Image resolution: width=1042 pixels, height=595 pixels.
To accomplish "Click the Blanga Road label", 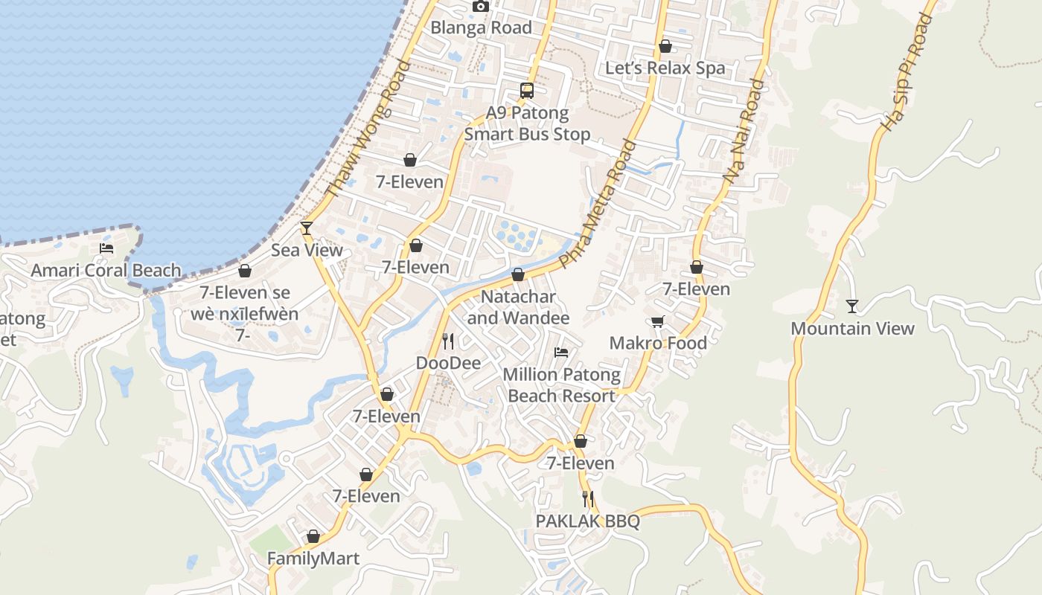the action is pyautogui.click(x=482, y=28).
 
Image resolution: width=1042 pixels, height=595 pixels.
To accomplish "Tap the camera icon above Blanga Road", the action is pyautogui.click(x=481, y=6).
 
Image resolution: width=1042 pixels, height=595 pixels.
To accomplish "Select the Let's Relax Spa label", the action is pyautogui.click(x=665, y=68).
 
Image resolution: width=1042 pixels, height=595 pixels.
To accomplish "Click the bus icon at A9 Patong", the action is pyautogui.click(x=527, y=91).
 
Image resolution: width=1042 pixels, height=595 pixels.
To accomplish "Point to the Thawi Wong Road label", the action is pyautogui.click(x=368, y=129).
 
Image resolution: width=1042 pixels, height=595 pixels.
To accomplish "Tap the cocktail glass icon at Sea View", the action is pyautogui.click(x=306, y=228).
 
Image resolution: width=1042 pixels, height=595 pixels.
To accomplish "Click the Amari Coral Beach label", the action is pyautogui.click(x=106, y=270).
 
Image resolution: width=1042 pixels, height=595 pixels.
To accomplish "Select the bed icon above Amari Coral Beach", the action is pyautogui.click(x=106, y=248).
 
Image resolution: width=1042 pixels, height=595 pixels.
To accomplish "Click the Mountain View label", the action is pyautogui.click(x=852, y=328).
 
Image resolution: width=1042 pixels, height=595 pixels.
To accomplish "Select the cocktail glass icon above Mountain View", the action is pyautogui.click(x=852, y=306).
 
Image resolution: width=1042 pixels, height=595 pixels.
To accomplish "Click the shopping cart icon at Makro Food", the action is pyautogui.click(x=657, y=321).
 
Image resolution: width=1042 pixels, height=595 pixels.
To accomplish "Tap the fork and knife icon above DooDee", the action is pyautogui.click(x=447, y=341).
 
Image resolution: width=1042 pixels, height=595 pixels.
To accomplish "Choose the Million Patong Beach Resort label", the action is pyautogui.click(x=561, y=385).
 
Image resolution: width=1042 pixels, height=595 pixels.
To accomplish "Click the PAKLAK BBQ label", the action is pyautogui.click(x=587, y=521).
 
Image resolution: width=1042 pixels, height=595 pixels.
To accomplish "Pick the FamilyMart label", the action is pyautogui.click(x=313, y=559).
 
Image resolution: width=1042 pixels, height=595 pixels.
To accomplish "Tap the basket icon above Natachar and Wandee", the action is pyautogui.click(x=518, y=275).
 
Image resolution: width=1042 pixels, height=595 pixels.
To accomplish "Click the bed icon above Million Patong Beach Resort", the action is pyautogui.click(x=561, y=353).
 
